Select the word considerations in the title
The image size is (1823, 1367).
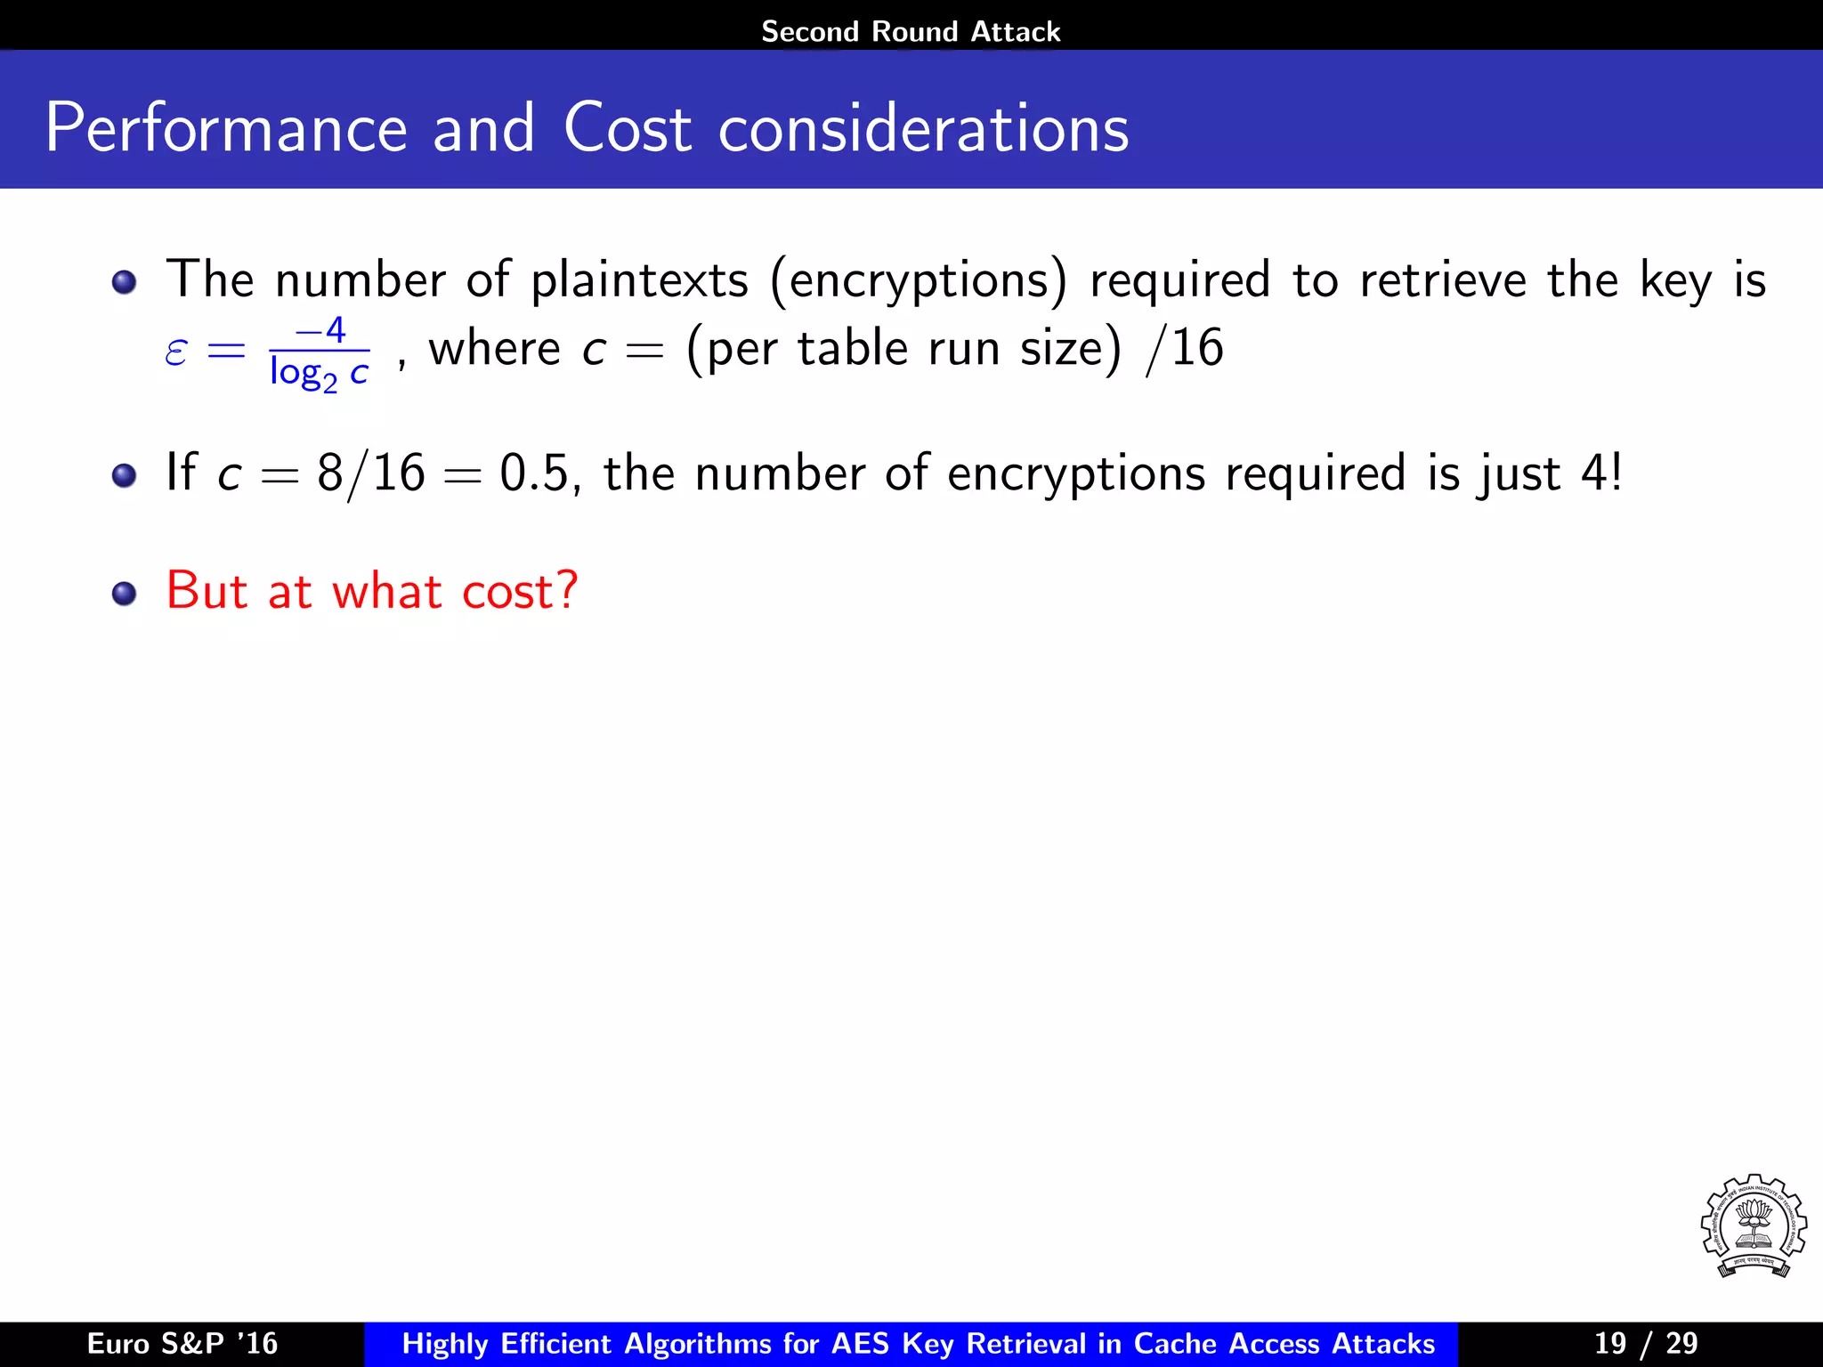923,129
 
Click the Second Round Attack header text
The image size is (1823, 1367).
911,32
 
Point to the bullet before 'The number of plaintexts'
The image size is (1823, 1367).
125,282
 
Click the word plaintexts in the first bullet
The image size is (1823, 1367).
639,280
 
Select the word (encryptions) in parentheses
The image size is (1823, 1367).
918,281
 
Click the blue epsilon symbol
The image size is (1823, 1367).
176,352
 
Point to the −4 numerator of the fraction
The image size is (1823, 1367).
320,330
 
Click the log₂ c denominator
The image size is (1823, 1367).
319,373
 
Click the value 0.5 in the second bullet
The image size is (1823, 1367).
533,473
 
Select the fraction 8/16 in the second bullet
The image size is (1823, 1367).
371,473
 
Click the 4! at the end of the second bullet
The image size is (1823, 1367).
1601,473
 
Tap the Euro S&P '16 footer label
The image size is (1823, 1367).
182,1343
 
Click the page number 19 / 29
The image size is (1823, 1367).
1646,1343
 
